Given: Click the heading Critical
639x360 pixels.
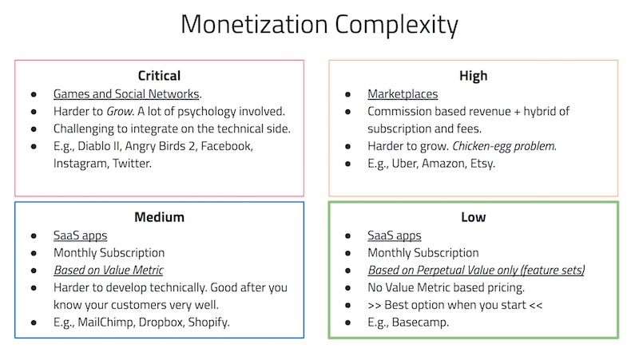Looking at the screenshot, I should pos(159,76).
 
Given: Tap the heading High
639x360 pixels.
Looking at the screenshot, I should pos(473,76).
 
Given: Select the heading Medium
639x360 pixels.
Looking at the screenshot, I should pos(159,217).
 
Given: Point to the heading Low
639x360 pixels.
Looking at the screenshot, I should pos(473,217).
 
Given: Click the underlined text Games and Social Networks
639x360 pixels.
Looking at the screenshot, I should pos(127,93).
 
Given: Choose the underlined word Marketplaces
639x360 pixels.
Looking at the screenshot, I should pos(403,93).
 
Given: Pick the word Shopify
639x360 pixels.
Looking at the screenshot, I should pos(230,322).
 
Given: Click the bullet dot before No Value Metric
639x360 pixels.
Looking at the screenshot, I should pos(348,287).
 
